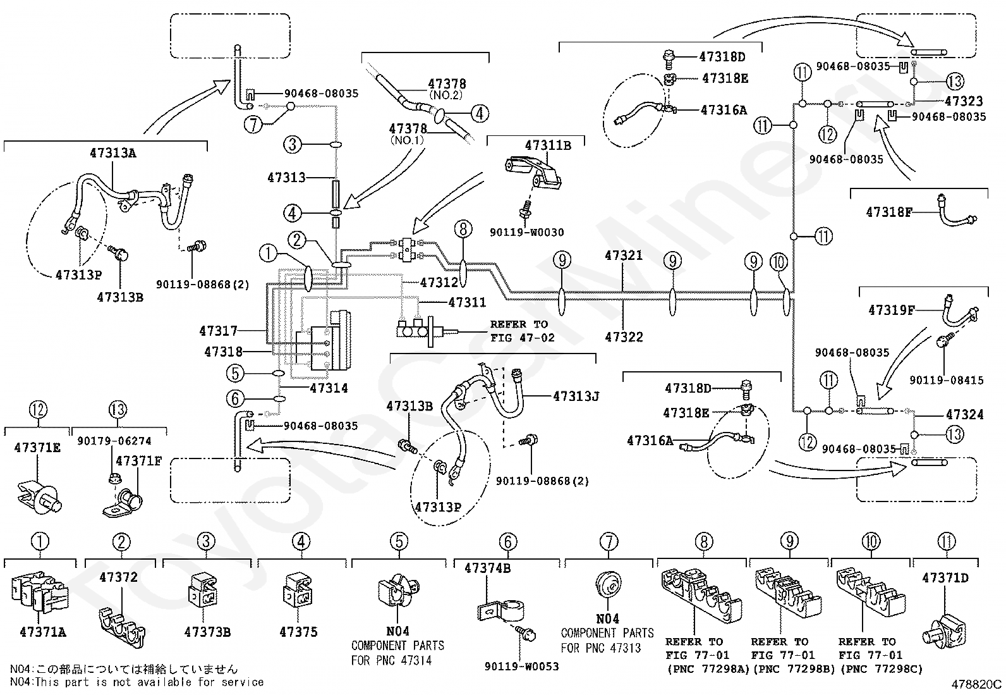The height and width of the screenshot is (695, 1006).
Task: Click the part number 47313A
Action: [112, 153]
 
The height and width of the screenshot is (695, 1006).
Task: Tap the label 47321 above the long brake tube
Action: [623, 255]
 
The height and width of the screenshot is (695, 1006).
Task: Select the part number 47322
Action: [624, 336]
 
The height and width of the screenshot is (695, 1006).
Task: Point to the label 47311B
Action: [548, 145]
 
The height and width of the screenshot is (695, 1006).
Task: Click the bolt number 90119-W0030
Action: [526, 233]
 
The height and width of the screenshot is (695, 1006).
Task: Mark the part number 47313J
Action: [576, 396]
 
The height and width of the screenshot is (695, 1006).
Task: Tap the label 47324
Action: [965, 414]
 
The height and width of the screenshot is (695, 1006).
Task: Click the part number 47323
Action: [964, 101]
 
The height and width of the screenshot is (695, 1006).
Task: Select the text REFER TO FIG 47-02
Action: [522, 331]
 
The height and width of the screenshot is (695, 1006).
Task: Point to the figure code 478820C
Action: [976, 684]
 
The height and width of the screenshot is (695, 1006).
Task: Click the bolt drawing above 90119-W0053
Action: [525, 632]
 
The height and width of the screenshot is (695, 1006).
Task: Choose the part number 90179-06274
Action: [114, 441]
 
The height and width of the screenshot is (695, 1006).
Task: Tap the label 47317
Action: [218, 331]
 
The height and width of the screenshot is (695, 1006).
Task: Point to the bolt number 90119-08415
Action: [946, 380]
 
